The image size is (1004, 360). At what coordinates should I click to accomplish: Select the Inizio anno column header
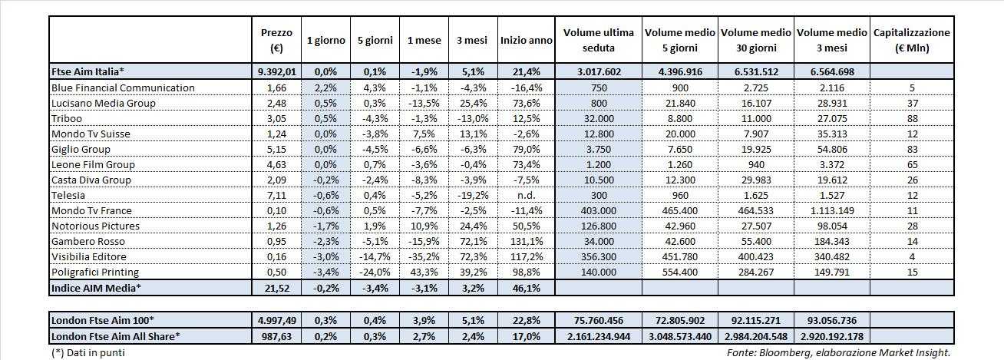526,40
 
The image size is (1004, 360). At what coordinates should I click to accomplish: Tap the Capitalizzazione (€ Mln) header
911,40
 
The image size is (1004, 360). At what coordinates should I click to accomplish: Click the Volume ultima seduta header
598,40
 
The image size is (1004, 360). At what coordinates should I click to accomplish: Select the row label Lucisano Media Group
103,103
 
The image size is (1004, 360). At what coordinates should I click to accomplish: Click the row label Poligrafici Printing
94,272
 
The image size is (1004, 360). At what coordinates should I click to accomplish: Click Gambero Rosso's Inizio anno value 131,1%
526,241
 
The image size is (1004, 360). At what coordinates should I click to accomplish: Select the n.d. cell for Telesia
526,195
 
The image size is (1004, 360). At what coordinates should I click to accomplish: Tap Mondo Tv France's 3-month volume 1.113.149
832,210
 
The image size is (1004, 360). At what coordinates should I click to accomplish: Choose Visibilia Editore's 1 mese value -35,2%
424,256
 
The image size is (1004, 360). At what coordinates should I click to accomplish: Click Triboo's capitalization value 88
911,118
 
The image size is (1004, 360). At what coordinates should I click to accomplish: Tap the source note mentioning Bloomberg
838,352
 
